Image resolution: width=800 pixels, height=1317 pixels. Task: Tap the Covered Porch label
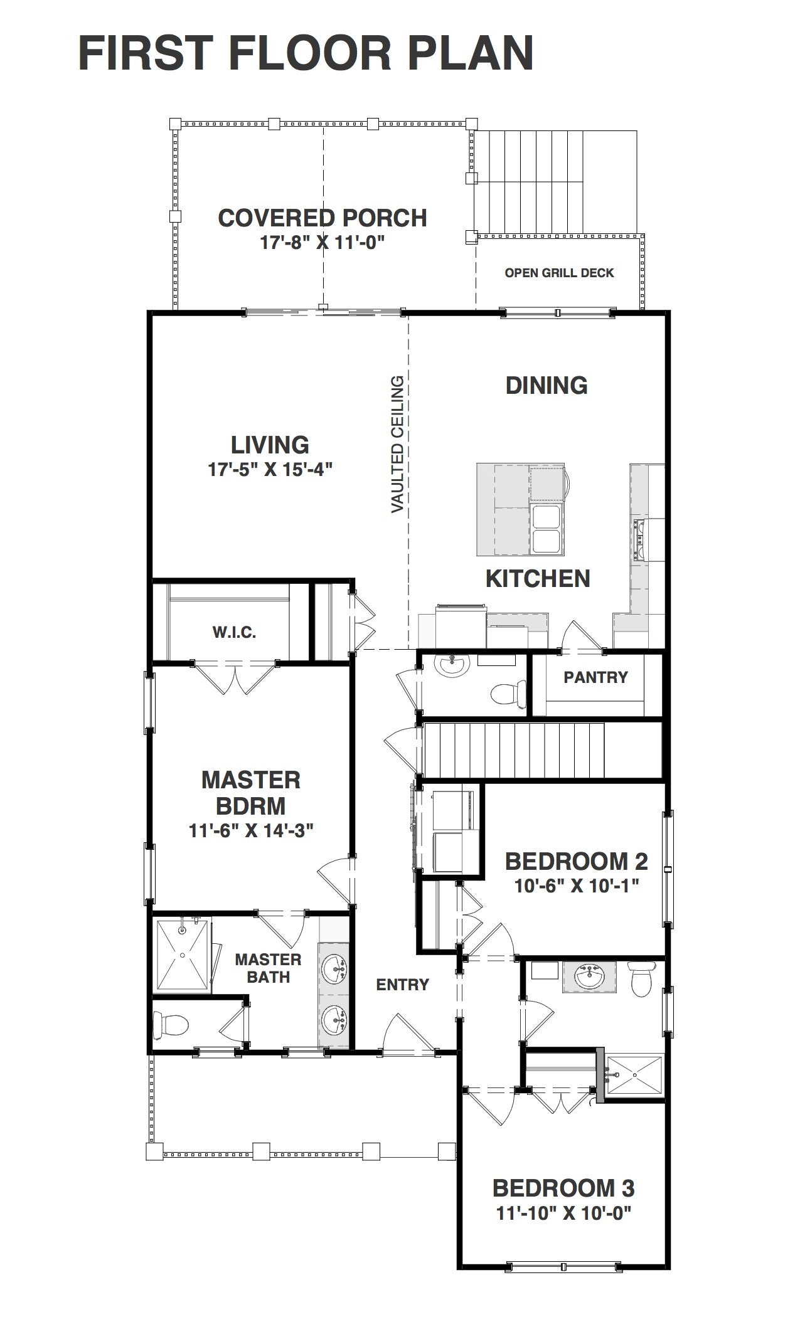(x=323, y=218)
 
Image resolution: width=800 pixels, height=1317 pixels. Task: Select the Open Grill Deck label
(x=559, y=273)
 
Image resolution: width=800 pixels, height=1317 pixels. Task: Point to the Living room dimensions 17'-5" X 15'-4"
(x=270, y=469)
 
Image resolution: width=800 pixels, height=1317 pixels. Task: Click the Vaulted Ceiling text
(x=398, y=444)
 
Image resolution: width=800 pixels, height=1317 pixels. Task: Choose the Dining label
(x=547, y=385)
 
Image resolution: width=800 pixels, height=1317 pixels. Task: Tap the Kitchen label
(x=538, y=578)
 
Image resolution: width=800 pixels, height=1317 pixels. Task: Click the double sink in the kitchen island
(x=547, y=528)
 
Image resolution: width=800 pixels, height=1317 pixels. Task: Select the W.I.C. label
(x=233, y=632)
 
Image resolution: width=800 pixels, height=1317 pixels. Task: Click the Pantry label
(x=595, y=677)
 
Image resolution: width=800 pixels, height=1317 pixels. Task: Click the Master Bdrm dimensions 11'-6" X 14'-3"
(x=251, y=830)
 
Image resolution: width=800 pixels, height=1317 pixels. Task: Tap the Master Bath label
(x=268, y=968)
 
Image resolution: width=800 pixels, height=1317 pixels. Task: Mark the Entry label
(x=402, y=985)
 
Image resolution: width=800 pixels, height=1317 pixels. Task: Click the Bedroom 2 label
(x=576, y=861)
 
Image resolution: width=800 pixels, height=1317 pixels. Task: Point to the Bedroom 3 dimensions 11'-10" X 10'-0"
(x=563, y=1213)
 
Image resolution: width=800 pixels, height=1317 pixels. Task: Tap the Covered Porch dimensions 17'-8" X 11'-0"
(x=322, y=242)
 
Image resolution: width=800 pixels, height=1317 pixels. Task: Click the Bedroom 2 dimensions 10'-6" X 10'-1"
(x=576, y=886)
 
